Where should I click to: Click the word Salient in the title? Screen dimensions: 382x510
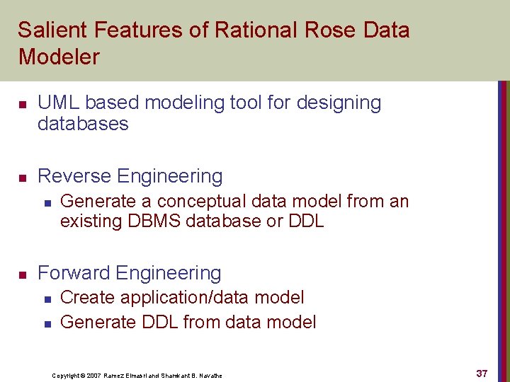(x=48, y=30)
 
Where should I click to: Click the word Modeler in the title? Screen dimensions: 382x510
(x=59, y=57)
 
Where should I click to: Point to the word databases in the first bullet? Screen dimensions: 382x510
(x=83, y=124)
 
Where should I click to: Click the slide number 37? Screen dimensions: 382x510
(x=482, y=374)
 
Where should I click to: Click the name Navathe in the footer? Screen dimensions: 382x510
(x=210, y=376)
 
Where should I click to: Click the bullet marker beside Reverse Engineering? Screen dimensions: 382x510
(x=23, y=178)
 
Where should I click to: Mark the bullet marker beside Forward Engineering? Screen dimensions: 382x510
(x=23, y=274)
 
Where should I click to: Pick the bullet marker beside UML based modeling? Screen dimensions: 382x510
(x=23, y=104)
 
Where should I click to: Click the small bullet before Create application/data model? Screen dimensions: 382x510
(x=47, y=299)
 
